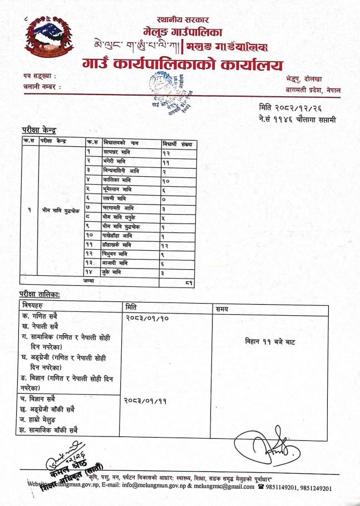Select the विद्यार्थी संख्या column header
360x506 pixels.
pyautogui.click(x=177, y=144)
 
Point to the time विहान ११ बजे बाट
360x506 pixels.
pyautogui.click(x=271, y=343)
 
